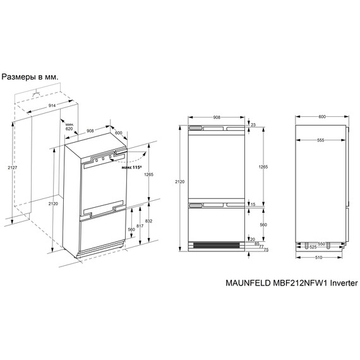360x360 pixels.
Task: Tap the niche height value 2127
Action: point(5,167)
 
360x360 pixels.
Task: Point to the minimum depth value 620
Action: point(69,127)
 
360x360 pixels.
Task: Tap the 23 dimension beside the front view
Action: point(253,126)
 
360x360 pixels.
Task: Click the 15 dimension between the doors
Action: point(253,205)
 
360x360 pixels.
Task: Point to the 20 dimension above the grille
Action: point(252,239)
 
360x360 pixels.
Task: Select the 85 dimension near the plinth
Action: point(257,243)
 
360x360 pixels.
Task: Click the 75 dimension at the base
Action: point(265,250)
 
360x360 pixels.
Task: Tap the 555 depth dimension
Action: point(321,140)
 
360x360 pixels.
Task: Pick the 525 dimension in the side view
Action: point(312,247)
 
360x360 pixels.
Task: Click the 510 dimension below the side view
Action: point(321,258)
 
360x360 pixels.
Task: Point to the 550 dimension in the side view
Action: point(321,243)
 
